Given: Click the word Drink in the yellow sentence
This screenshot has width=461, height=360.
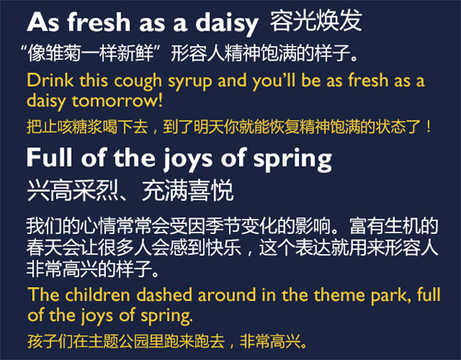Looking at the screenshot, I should click(46, 81).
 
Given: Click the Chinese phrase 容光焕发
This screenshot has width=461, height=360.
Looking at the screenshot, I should click(316, 21).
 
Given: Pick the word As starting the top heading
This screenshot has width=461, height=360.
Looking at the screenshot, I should click(39, 23).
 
